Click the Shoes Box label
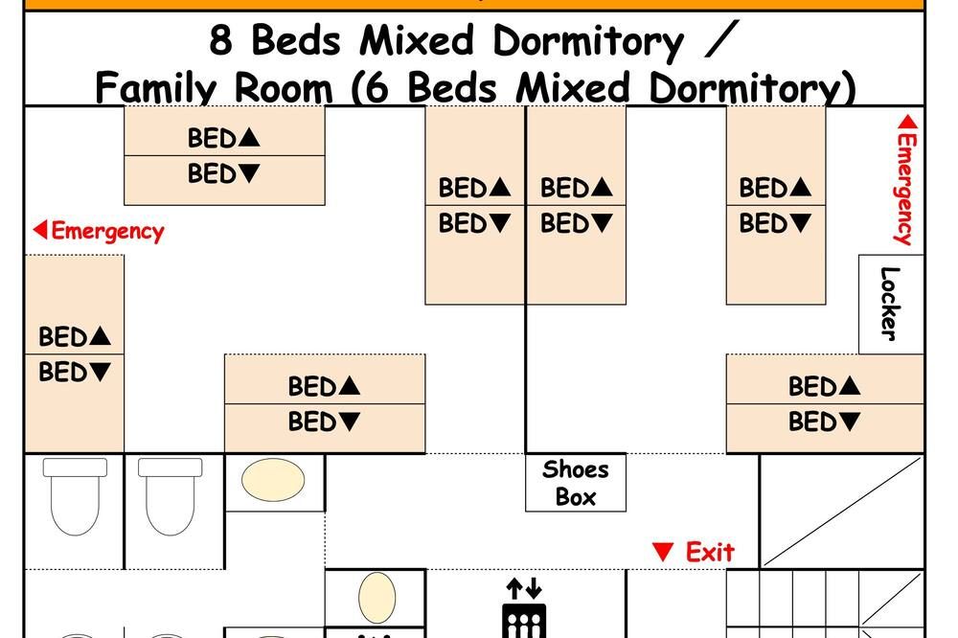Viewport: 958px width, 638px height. click(x=576, y=483)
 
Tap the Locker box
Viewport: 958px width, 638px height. click(x=891, y=305)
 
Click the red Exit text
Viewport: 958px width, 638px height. click(x=710, y=552)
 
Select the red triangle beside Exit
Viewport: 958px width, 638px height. click(x=663, y=551)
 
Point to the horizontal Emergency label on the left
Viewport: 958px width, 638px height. click(x=99, y=231)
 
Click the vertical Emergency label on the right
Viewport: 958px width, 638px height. click(x=906, y=180)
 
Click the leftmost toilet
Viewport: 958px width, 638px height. click(x=75, y=496)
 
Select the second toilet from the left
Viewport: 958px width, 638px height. click(x=170, y=496)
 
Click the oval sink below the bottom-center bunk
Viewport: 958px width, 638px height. click(x=273, y=480)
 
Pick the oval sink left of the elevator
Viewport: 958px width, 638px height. click(x=376, y=598)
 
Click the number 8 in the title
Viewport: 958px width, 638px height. click(x=220, y=41)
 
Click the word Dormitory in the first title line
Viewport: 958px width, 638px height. click(x=588, y=41)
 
